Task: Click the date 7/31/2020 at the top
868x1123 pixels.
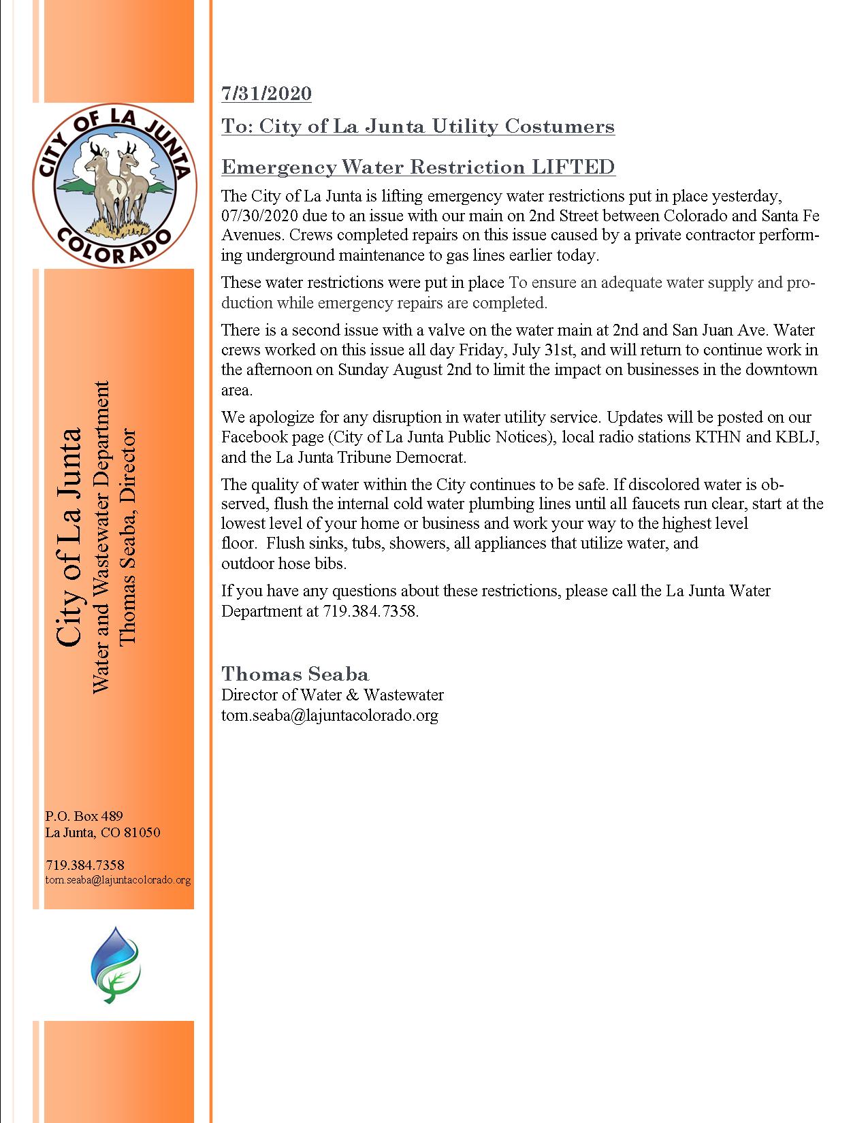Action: tap(266, 93)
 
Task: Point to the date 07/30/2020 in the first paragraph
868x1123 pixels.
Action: tap(259, 216)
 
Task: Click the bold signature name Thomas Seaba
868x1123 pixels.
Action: tap(295, 674)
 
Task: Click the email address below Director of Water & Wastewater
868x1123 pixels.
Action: tap(329, 715)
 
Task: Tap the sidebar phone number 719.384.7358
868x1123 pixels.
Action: tap(84, 865)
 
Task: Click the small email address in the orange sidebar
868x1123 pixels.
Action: tap(118, 880)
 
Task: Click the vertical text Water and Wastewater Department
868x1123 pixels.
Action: tap(100, 537)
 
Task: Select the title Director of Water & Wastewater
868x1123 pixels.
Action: tap(332, 695)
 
